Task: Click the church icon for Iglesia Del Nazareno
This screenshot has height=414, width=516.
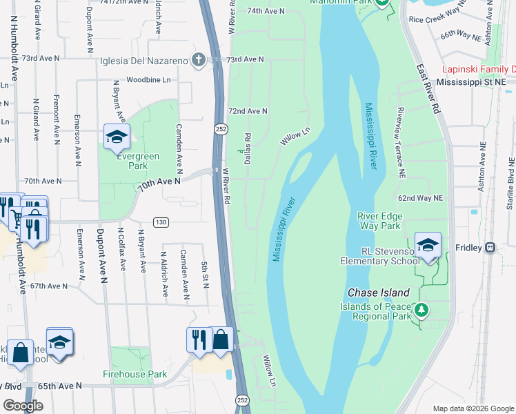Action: click(x=199, y=60)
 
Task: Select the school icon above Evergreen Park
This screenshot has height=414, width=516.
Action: click(x=117, y=137)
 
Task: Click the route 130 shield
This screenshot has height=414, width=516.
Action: click(x=161, y=221)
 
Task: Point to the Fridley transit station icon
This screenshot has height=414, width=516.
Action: click(x=490, y=247)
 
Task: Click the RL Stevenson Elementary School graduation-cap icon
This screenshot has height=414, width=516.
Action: click(x=428, y=246)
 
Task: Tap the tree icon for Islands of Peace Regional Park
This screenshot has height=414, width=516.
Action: click(x=420, y=310)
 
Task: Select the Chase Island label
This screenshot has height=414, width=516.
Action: click(x=379, y=293)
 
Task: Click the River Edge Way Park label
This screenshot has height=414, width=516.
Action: click(x=379, y=221)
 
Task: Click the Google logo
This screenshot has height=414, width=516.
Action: click(x=23, y=405)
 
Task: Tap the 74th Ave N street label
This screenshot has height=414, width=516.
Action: click(x=266, y=11)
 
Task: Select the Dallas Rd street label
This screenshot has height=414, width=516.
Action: click(x=247, y=149)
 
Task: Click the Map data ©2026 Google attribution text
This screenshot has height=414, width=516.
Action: click(x=473, y=407)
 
